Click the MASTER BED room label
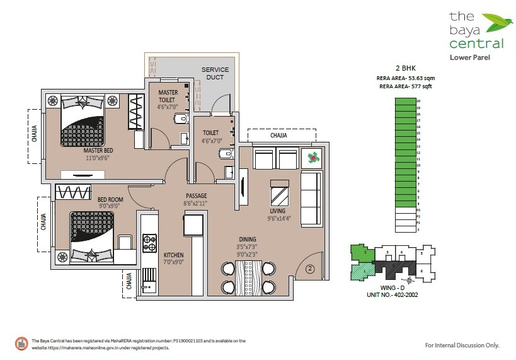[x=99, y=151]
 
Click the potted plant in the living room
[x=311, y=158]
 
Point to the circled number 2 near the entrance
[x=310, y=269]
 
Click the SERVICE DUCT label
[x=215, y=73]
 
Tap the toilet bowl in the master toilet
[x=180, y=117]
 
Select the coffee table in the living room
[x=278, y=190]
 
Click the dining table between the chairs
[x=248, y=276]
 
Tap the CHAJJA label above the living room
[x=278, y=135]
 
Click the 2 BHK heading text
[x=404, y=67]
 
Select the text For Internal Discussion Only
[x=462, y=345]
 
